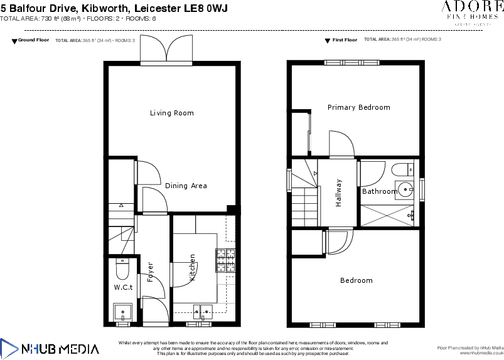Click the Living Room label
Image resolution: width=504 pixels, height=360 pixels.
click(x=171, y=114)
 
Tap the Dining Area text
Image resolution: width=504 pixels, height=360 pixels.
click(x=186, y=186)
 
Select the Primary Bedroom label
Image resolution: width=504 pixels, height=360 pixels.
click(x=358, y=108)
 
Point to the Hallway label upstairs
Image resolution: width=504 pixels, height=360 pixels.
click(x=339, y=193)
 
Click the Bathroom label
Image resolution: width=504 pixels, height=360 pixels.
click(x=379, y=191)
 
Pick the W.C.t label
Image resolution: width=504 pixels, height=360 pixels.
click(x=123, y=287)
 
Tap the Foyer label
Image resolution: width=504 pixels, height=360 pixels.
click(x=150, y=272)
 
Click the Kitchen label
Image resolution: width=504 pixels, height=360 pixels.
click(x=193, y=267)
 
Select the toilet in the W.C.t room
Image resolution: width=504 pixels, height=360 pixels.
click(x=122, y=269)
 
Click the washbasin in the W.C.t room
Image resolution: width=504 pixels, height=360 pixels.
click(x=122, y=311)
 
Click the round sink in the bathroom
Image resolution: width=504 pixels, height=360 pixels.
click(x=405, y=188)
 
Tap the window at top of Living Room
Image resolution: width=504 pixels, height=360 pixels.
click(x=166, y=63)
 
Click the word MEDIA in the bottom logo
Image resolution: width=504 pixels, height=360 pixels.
click(x=79, y=349)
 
